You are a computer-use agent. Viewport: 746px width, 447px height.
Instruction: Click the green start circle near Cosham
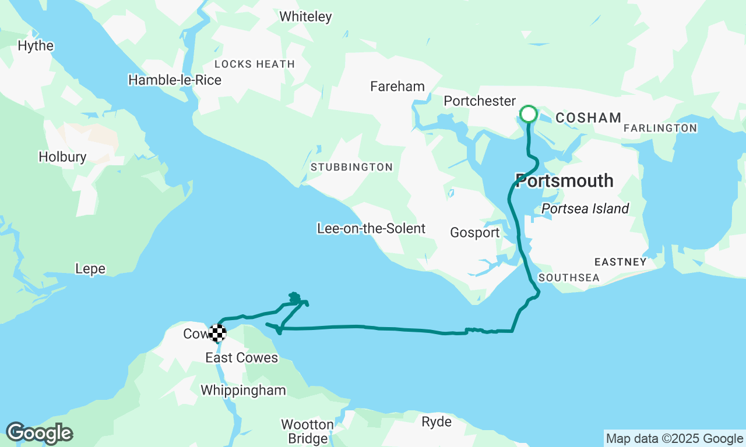point(528,114)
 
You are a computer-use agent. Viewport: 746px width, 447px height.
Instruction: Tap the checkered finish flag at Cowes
point(217,334)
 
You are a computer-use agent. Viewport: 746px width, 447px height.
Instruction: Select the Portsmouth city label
point(564,181)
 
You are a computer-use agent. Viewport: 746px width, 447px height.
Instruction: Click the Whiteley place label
point(305,17)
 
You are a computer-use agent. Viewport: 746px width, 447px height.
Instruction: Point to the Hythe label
point(36,46)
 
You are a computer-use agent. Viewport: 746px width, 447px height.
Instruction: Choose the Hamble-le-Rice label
point(175,80)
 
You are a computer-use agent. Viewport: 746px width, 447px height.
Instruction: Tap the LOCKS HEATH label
point(254,64)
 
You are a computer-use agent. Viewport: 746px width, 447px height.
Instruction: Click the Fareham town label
point(397,87)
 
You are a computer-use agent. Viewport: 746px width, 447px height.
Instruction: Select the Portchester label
point(480,101)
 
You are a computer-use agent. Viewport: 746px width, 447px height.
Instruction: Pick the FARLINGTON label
point(660,128)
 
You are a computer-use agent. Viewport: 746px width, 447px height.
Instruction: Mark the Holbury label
point(62,157)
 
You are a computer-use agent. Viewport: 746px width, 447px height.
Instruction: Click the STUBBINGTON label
point(351,168)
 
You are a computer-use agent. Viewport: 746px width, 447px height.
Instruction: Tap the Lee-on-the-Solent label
point(371,229)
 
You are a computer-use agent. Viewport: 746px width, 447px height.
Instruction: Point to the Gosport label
point(474,233)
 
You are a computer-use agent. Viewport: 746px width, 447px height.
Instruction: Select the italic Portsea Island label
point(585,209)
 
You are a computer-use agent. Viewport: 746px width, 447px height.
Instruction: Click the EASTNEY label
point(620,262)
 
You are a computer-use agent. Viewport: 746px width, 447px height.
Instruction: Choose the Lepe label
point(90,269)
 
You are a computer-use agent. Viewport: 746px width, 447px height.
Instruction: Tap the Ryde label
point(437,422)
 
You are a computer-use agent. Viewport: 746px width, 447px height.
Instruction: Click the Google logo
point(39,434)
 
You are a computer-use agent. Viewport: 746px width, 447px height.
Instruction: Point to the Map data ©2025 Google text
point(674,439)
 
